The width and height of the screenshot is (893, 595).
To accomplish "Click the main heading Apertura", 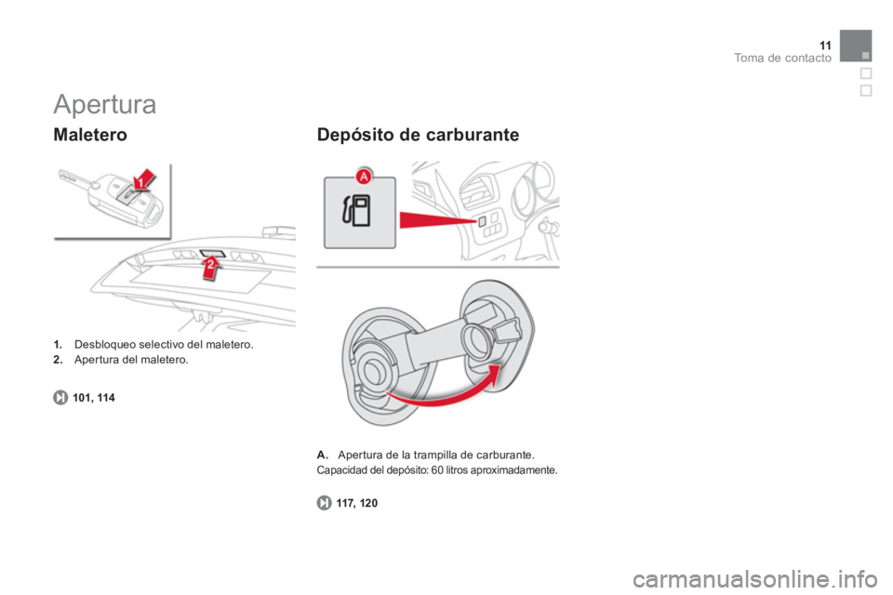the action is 105,105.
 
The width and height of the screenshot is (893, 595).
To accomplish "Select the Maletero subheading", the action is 90,135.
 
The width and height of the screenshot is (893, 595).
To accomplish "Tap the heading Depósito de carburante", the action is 418,135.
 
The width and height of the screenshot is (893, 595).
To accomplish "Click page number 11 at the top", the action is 825,46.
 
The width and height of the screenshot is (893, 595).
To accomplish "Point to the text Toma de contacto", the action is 782,58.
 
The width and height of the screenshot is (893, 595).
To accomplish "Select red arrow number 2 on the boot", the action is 211,267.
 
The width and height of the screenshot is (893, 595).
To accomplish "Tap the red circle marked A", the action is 364,177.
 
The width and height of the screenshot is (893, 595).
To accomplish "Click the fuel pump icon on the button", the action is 356,211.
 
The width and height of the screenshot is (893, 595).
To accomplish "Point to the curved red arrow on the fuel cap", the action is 441,397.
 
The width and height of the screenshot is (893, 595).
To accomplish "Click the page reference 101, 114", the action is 94,398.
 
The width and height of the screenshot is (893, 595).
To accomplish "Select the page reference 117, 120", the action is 356,503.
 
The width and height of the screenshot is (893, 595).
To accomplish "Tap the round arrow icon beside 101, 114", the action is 60,397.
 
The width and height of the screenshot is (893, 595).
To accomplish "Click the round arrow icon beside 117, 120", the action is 324,503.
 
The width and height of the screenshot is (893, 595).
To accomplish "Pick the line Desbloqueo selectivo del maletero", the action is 164,345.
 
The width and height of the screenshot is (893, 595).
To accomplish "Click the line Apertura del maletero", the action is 131,360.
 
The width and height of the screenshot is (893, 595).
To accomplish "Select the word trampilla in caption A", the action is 435,455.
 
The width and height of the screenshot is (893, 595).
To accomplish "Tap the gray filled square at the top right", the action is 856,46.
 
